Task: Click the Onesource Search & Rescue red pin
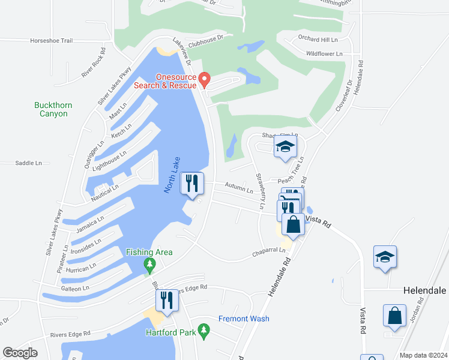(x=204, y=79)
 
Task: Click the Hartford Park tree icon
(x=203, y=331)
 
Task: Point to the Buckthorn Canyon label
(x=53, y=109)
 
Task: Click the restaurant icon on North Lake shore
(x=192, y=183)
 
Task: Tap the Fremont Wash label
(x=244, y=319)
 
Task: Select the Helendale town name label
(x=424, y=290)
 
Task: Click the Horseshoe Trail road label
(x=51, y=41)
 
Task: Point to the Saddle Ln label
(x=29, y=163)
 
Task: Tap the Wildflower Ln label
(x=324, y=53)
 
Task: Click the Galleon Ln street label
(x=74, y=288)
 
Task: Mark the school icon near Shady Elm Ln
(x=285, y=147)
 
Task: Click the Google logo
(x=20, y=353)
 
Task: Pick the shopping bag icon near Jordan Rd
(x=395, y=315)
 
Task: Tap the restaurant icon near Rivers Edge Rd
(x=167, y=300)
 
